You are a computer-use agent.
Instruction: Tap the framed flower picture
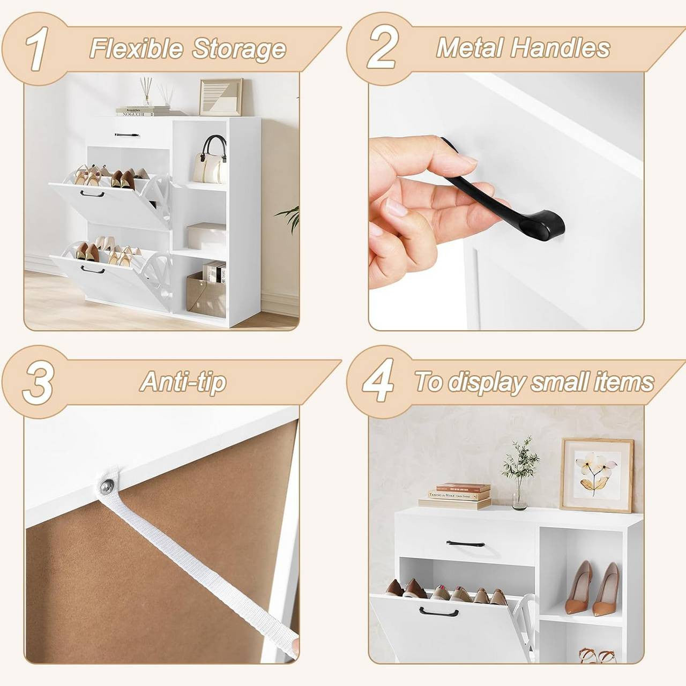pyautogui.click(x=596, y=474)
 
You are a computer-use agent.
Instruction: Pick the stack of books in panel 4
pyautogui.click(x=456, y=496)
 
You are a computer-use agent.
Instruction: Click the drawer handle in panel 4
pyautogui.click(x=465, y=543)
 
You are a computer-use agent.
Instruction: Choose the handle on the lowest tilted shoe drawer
pyautogui.click(x=93, y=270)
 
